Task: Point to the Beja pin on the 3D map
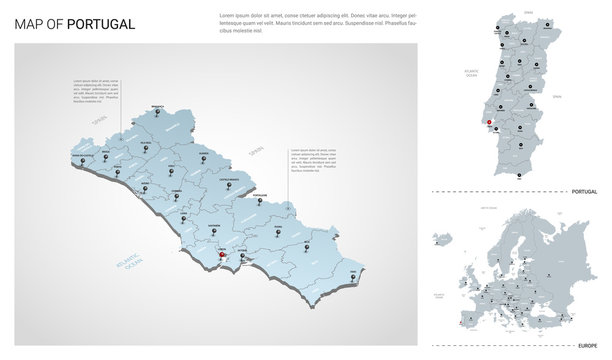coord(307,242)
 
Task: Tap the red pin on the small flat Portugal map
coord(487,124)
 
